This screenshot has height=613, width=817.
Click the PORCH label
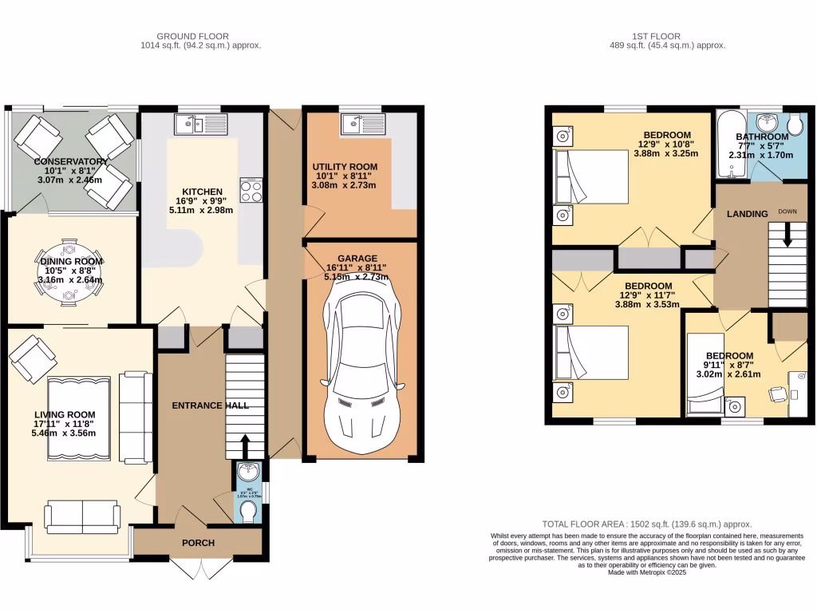pos(198,543)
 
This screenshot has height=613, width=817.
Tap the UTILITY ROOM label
pos(343,167)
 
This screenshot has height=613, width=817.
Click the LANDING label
pos(748,213)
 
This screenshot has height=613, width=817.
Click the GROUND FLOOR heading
pos(192,36)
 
